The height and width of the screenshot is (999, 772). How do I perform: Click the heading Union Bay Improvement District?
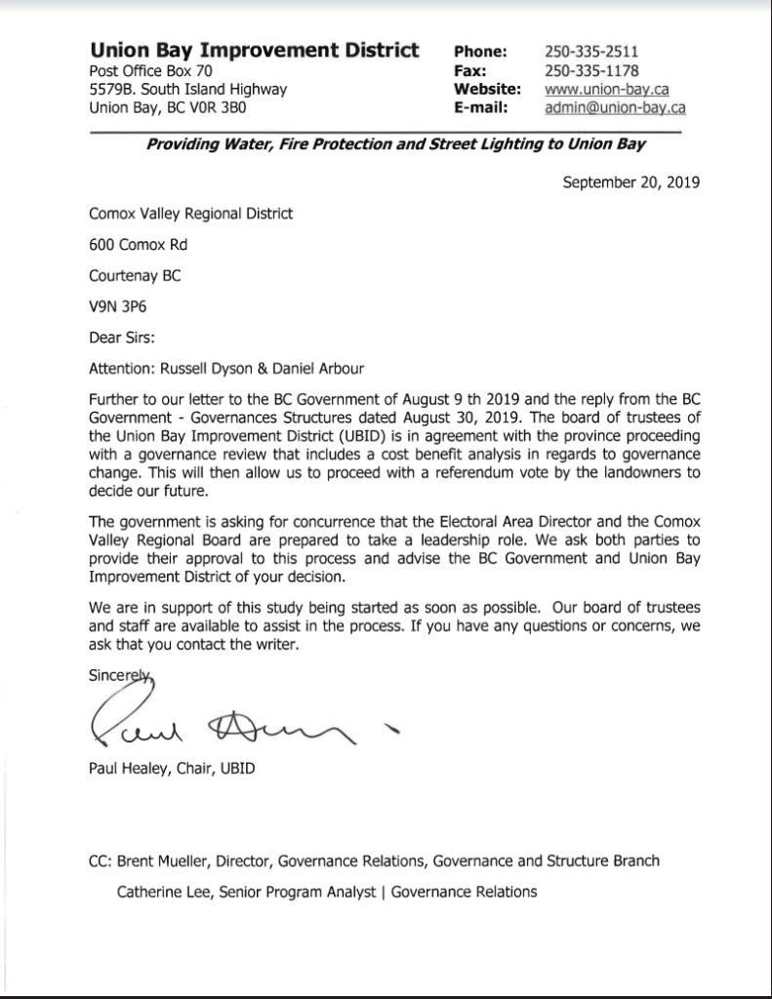(x=254, y=51)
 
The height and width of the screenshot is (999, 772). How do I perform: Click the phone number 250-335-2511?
(x=592, y=52)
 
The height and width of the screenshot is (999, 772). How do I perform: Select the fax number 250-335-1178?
(x=592, y=70)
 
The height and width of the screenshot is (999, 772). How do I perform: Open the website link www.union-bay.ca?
(x=606, y=89)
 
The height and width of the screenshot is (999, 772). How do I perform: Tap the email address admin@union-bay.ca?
(x=615, y=107)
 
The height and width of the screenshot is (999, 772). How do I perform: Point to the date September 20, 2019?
(x=631, y=181)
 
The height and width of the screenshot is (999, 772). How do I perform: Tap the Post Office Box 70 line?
(x=150, y=71)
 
